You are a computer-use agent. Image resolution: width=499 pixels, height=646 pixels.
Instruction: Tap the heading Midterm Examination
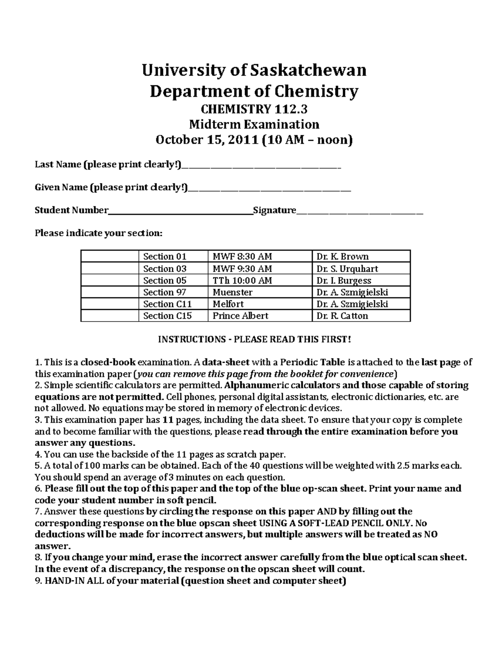254,124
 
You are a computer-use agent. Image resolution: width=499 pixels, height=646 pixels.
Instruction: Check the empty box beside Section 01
109,256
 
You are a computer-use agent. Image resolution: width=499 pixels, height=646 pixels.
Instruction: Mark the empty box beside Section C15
109,316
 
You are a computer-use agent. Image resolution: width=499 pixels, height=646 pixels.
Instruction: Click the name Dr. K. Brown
342,256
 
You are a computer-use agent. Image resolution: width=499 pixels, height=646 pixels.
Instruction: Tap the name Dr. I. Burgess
343,280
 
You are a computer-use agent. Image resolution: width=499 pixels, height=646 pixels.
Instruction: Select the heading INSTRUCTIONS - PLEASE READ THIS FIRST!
254,339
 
